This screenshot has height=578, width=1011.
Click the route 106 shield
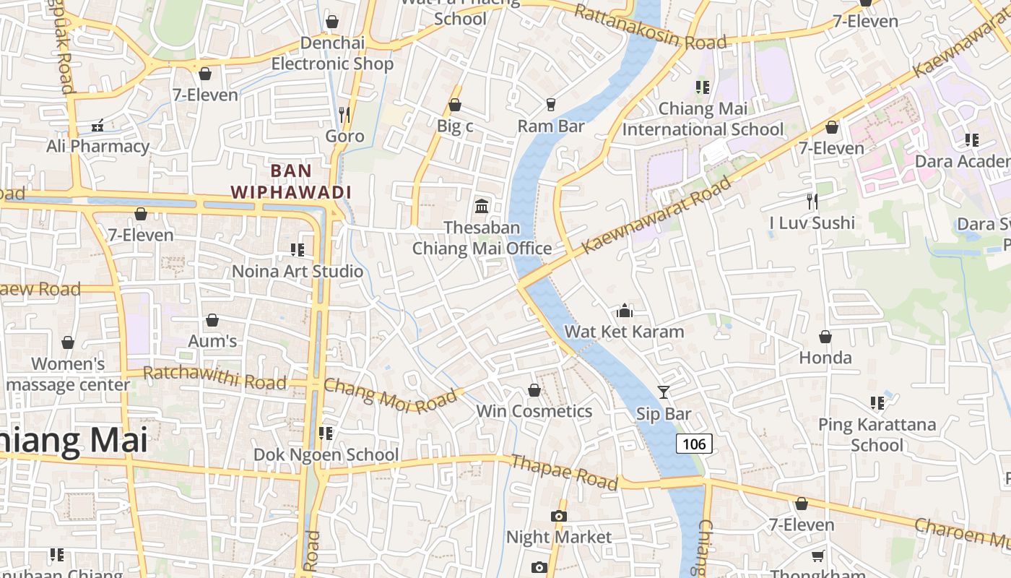click(694, 444)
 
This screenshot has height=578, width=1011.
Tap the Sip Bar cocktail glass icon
click(664, 392)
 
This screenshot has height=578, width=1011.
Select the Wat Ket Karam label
click(624, 332)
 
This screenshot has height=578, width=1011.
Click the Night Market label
click(558, 537)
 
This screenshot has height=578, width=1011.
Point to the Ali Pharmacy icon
click(97, 126)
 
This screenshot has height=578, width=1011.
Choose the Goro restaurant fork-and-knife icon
click(344, 114)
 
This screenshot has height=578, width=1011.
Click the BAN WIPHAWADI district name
click(291, 182)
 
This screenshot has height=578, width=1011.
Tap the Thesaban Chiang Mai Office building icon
click(482, 207)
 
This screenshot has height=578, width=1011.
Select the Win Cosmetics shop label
click(534, 411)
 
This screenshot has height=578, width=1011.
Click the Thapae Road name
click(564, 471)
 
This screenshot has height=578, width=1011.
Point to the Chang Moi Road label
click(391, 396)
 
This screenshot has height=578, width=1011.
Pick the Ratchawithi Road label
click(214, 377)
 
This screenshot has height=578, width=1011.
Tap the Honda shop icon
click(825, 337)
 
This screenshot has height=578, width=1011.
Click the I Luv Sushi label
click(812, 223)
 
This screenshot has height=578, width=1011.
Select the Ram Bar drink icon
click(551, 105)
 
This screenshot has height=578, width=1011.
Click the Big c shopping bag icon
click(455, 105)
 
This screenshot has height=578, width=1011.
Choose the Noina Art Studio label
click(298, 272)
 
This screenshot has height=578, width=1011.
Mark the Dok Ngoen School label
click(326, 454)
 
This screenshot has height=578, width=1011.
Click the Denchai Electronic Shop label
click(333, 53)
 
